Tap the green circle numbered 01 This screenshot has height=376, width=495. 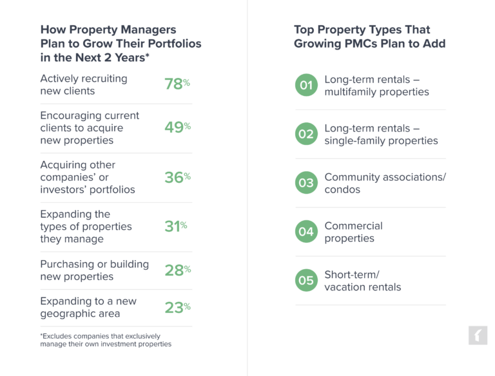pyautogui.click(x=306, y=86)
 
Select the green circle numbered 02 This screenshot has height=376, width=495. pyautogui.click(x=306, y=135)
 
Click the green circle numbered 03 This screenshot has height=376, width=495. pyautogui.click(x=306, y=183)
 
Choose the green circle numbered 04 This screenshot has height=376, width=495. pyautogui.click(x=306, y=232)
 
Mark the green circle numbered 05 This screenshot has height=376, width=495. pyautogui.click(x=306, y=281)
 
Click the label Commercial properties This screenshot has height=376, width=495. pyautogui.click(x=353, y=232)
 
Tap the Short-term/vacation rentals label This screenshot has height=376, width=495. pyautogui.click(x=362, y=281)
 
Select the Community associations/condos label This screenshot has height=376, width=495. pyautogui.click(x=385, y=183)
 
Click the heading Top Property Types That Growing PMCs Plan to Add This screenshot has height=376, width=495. pyautogui.click(x=369, y=37)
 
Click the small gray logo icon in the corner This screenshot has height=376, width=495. pyautogui.click(x=478, y=335)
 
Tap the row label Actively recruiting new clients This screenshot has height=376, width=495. pyautogui.click(x=84, y=84)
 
